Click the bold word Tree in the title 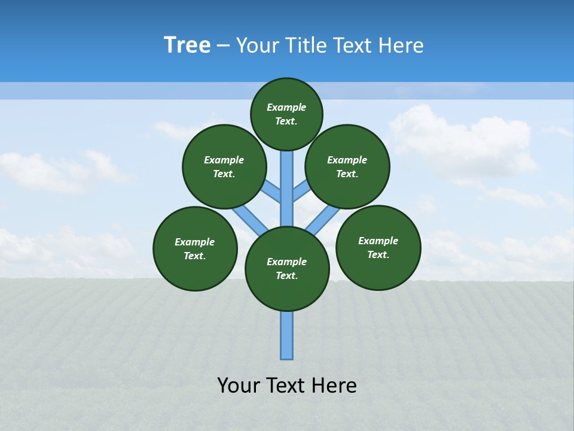tap(187, 45)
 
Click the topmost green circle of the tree tap(286, 114)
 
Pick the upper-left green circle tap(224, 166)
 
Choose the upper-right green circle tap(347, 166)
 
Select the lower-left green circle tap(195, 248)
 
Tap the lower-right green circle tap(378, 247)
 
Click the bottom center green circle tap(287, 269)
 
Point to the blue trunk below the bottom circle tap(287, 335)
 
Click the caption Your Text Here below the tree tap(287, 386)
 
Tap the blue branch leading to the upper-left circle tap(271, 192)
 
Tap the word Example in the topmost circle tap(286, 107)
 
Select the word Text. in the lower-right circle tap(378, 254)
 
